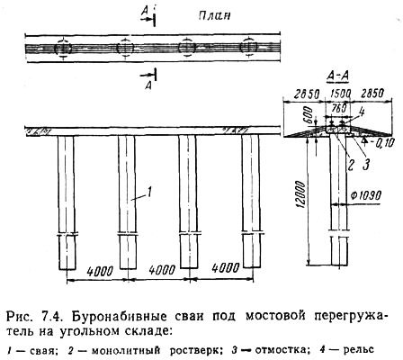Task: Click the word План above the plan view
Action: [214, 15]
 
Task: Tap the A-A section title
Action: [337, 76]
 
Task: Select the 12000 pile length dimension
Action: [301, 194]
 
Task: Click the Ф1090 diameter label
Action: [365, 196]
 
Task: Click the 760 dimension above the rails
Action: [339, 108]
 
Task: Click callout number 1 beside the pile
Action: [149, 192]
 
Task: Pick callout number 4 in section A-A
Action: [362, 112]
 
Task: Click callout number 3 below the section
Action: [366, 165]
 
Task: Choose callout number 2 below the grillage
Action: [351, 165]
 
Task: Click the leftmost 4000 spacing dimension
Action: [100, 271]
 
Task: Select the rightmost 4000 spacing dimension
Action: [226, 268]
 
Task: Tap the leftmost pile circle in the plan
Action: [63, 48]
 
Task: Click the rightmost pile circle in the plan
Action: [248, 47]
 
